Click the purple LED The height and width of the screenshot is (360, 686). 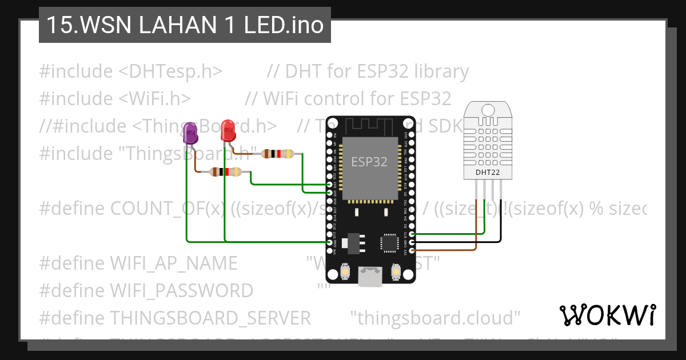tap(190, 135)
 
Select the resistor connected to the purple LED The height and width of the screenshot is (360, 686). tap(225, 171)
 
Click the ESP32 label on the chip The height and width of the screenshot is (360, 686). tap(369, 162)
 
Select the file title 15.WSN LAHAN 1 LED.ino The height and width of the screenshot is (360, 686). tap(184, 25)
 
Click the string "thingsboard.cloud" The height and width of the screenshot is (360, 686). tap(435, 317)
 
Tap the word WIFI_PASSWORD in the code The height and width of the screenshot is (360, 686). tap(181, 290)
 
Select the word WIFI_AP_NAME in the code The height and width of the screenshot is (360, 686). tap(173, 263)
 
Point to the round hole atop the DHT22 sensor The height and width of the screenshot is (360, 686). tap(488, 109)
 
